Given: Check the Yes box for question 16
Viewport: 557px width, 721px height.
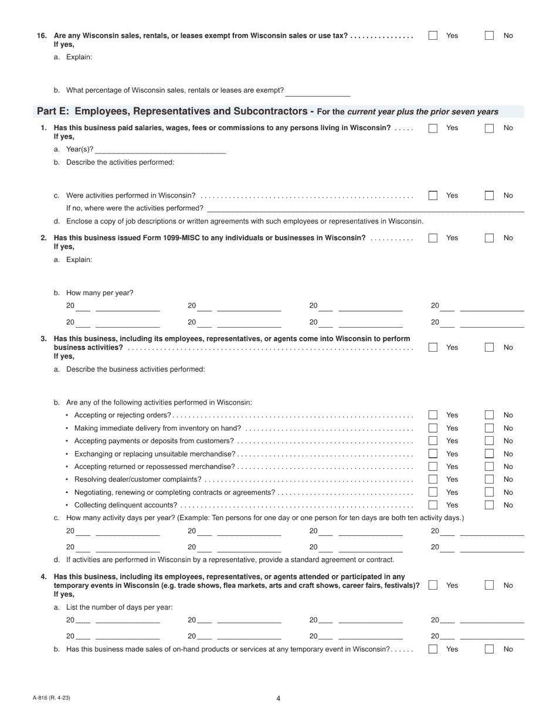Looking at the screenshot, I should pos(433,36).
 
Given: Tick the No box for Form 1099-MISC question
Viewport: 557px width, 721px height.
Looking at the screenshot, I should pos(489,238).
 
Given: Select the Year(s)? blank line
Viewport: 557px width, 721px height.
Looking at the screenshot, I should pos(160,149).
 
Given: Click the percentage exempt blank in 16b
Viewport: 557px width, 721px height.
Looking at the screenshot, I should pos(318,91).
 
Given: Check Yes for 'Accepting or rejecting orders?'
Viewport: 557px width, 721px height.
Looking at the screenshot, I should pos(433,415).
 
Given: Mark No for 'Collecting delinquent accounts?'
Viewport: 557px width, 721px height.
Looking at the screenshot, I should pos(489,505).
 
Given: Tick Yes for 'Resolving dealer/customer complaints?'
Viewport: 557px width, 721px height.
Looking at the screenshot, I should pos(433,479).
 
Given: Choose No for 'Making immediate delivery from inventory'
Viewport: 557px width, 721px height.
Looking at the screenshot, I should pos(489,428).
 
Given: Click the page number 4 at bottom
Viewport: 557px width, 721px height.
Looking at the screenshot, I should pos(278,698).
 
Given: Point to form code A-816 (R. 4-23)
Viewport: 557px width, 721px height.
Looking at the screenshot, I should pos(52,698).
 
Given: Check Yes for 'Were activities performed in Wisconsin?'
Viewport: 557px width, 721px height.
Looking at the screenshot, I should pos(433,196).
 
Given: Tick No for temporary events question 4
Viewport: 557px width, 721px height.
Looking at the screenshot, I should pos(489,585).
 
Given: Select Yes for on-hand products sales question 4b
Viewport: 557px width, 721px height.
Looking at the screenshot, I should pos(433,649).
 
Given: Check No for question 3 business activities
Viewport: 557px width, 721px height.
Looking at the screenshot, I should pos(489,347).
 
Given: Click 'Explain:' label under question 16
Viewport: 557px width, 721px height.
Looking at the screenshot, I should pos(79,57).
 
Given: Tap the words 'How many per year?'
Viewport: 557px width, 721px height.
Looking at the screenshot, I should pos(100,293).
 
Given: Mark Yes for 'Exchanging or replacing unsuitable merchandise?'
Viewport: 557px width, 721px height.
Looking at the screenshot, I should pos(433,454).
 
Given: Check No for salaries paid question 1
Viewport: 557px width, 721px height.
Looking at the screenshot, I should pos(489,128).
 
